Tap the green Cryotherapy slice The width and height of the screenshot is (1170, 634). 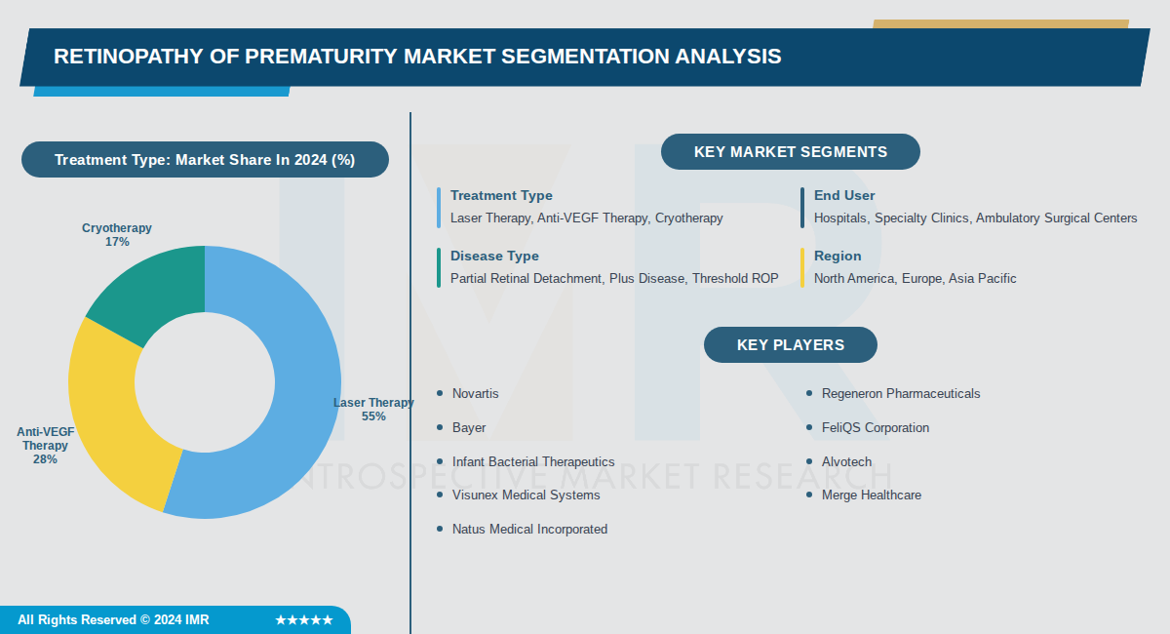click(x=156, y=288)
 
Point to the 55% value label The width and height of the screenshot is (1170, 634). click(x=373, y=416)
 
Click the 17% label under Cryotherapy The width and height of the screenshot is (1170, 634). click(x=117, y=242)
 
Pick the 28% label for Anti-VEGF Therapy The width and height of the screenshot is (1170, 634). click(x=45, y=459)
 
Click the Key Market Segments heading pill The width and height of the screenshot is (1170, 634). click(x=790, y=152)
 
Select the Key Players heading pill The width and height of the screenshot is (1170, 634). click(x=790, y=345)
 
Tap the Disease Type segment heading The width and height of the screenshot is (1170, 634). click(x=494, y=257)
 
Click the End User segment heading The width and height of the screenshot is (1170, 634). click(x=844, y=196)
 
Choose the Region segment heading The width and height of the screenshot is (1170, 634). click(x=838, y=257)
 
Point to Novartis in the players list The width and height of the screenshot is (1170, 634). click(x=475, y=394)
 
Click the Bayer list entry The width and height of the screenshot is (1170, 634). click(x=469, y=428)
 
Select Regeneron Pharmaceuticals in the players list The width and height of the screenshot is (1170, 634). click(x=900, y=394)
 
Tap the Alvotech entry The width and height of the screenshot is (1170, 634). click(x=846, y=462)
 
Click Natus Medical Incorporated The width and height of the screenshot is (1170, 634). click(x=529, y=530)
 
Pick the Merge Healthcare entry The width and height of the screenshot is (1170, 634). click(x=871, y=495)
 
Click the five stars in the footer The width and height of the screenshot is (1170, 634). click(x=303, y=620)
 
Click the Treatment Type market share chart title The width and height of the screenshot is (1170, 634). click(x=205, y=160)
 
